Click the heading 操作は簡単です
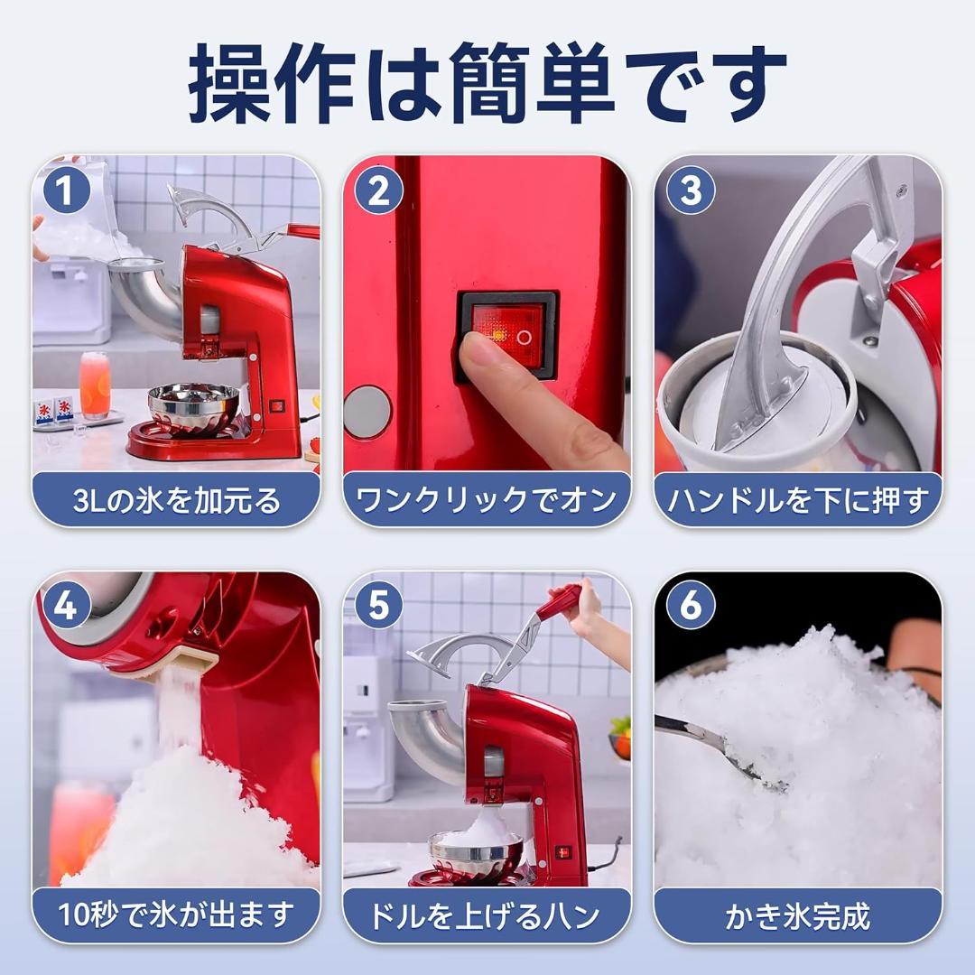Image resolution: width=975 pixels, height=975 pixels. click(x=487, y=83)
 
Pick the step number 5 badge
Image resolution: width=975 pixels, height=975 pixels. click(x=378, y=606)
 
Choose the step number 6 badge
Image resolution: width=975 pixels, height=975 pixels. click(x=690, y=606)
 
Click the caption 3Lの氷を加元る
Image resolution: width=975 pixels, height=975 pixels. click(x=177, y=500)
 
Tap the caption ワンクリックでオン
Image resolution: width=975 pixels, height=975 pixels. click(x=487, y=500)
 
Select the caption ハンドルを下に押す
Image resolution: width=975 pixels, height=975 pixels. click(x=798, y=500)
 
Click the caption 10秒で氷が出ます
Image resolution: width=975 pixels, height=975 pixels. click(x=177, y=915)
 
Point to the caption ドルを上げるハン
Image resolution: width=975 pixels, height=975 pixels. click(x=487, y=915)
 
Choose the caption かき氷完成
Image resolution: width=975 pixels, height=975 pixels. click(x=798, y=915)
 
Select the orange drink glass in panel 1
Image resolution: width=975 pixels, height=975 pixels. click(x=95, y=385)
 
